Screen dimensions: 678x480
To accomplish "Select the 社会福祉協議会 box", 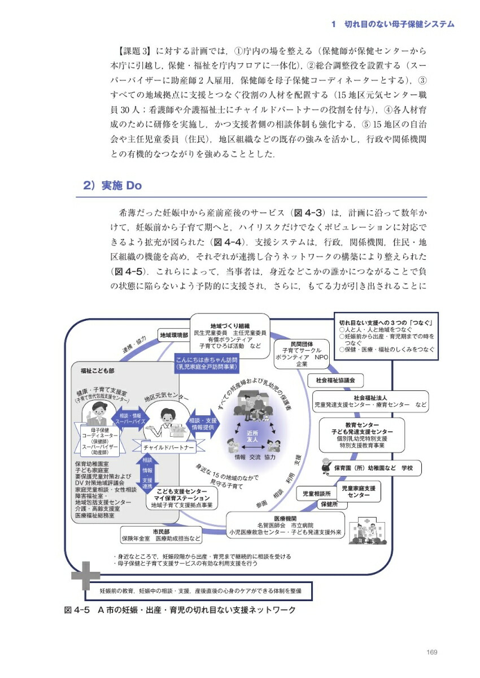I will [335, 380].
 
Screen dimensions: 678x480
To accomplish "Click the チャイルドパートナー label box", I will [168, 447].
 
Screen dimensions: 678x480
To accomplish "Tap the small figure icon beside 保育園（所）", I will [325, 466].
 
